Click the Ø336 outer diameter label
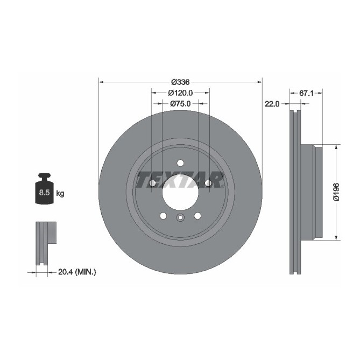pyautogui.click(x=180, y=82)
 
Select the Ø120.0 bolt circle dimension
pyautogui.click(x=180, y=93)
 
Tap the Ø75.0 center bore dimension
pyautogui.click(x=180, y=103)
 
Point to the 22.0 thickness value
pyautogui.click(x=271, y=104)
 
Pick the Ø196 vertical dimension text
pyautogui.click(x=336, y=192)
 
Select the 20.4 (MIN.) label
pyautogui.click(x=76, y=272)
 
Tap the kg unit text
pyautogui.click(x=60, y=193)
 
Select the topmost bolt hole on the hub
pyautogui.click(x=180, y=164)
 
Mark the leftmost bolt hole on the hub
pyautogui.click(x=152, y=184)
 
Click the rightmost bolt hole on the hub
pyautogui.click(x=208, y=184)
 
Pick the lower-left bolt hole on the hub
pyautogui.click(x=163, y=216)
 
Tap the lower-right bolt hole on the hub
pyautogui.click(x=197, y=216)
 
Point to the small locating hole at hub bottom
pyautogui.click(x=180, y=217)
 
